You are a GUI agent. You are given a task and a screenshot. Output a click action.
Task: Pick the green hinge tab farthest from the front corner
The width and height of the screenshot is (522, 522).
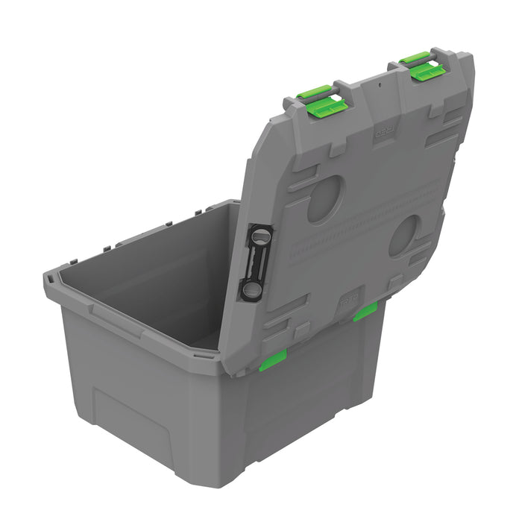pyautogui.click(x=365, y=312)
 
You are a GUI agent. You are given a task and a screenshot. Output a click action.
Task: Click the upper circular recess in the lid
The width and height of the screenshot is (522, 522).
pyautogui.click(x=326, y=199)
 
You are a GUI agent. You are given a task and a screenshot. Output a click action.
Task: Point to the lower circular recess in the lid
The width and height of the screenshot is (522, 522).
pyautogui.click(x=405, y=236)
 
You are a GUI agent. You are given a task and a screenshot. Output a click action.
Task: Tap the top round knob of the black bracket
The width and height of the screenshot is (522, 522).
pyautogui.click(x=259, y=236)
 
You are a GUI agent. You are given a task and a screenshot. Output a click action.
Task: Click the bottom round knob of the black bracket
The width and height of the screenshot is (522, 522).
pyautogui.click(x=252, y=287)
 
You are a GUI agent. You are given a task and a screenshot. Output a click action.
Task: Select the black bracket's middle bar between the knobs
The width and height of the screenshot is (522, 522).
pyautogui.click(x=256, y=262)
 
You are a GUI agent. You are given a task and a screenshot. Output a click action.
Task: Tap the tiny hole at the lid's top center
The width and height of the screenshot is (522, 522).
pyautogui.click(x=378, y=84)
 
